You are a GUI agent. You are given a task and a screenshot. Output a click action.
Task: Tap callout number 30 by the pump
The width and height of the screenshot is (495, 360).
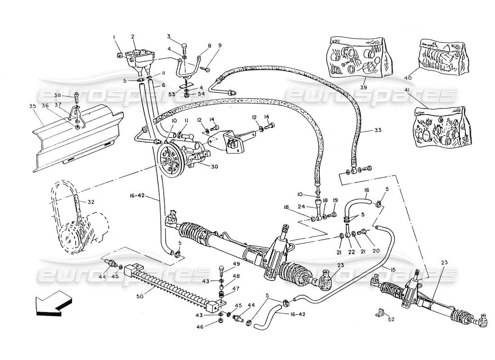click(214, 166)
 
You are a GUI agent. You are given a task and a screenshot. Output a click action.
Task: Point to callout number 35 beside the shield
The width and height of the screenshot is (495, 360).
click(32, 107)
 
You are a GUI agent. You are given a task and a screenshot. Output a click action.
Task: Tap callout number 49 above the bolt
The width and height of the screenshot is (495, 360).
click(236, 264)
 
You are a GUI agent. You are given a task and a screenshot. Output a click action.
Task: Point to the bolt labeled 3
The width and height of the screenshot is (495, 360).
click(184, 46)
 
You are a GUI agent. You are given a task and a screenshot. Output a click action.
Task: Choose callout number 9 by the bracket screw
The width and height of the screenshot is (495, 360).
click(220, 45)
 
